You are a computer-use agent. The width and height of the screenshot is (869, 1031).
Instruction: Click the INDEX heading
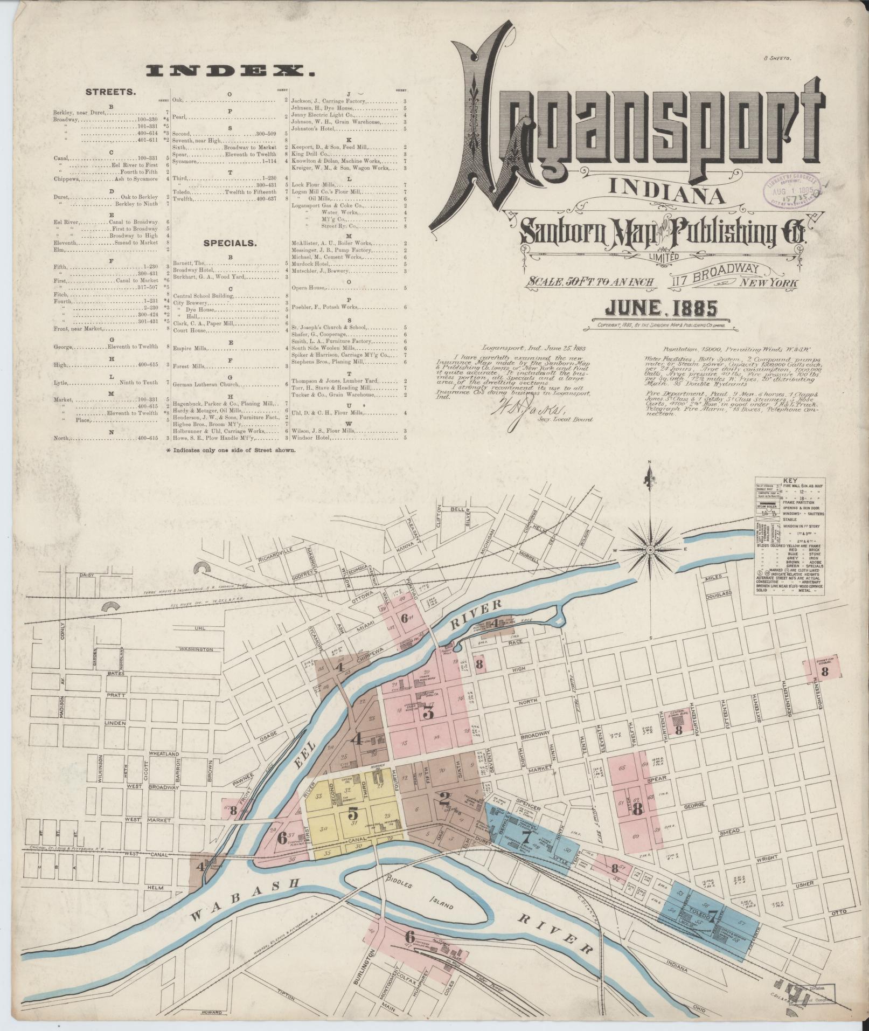click(231, 70)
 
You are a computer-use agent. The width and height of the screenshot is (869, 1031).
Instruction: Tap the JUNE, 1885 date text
click(662, 308)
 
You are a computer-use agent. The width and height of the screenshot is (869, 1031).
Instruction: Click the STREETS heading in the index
click(110, 92)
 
